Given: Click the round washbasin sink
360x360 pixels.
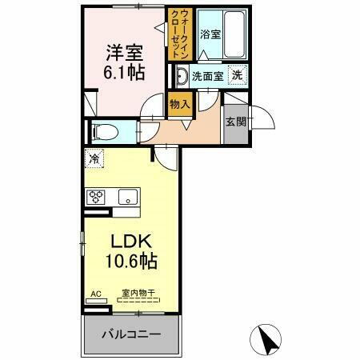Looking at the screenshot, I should (181, 78).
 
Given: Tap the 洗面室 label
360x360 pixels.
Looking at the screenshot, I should (207, 77).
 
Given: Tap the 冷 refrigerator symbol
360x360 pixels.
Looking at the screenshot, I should (95, 159).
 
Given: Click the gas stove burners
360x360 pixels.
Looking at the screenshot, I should (97, 197).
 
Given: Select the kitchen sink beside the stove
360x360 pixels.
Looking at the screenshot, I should (127, 197).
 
